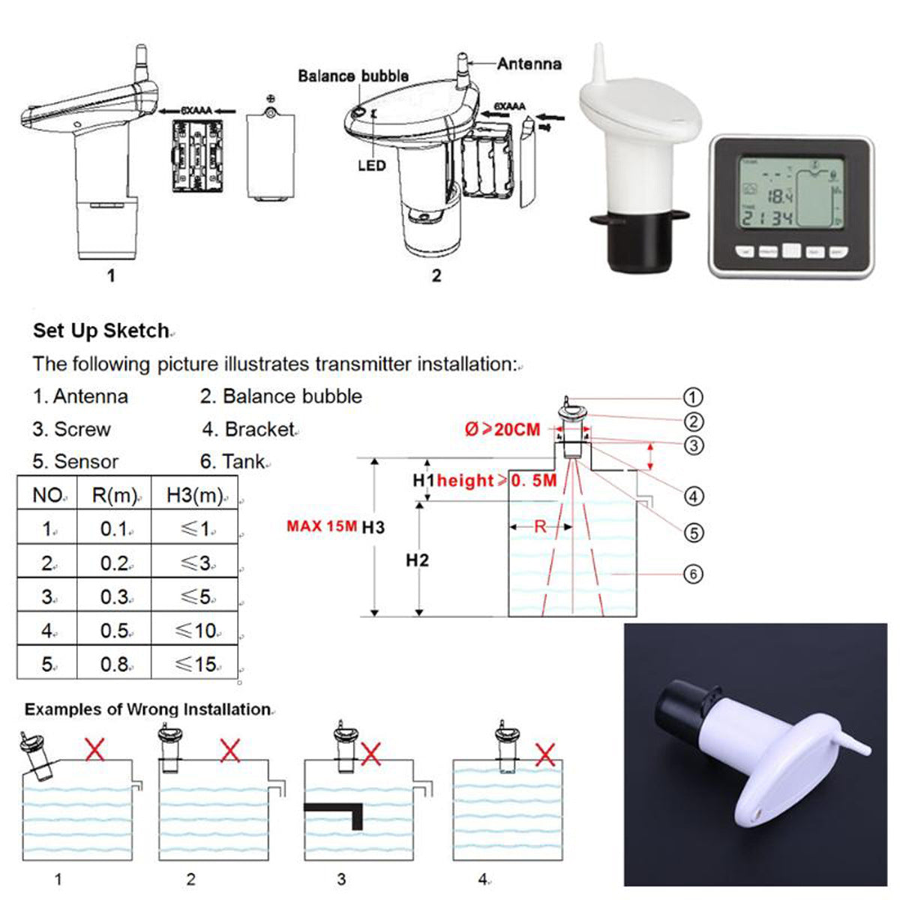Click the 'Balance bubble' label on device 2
(352, 76)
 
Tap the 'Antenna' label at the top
(529, 64)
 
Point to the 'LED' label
(371, 165)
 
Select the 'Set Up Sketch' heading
(101, 331)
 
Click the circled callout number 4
(693, 496)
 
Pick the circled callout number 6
(693, 574)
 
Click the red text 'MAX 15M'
(321, 526)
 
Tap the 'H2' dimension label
(417, 560)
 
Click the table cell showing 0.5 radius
(114, 631)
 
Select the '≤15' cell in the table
(195, 664)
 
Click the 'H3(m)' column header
(195, 495)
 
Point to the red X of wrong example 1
(94, 748)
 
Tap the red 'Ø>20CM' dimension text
(502, 430)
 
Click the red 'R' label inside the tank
(540, 526)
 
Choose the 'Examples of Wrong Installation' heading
(147, 709)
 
